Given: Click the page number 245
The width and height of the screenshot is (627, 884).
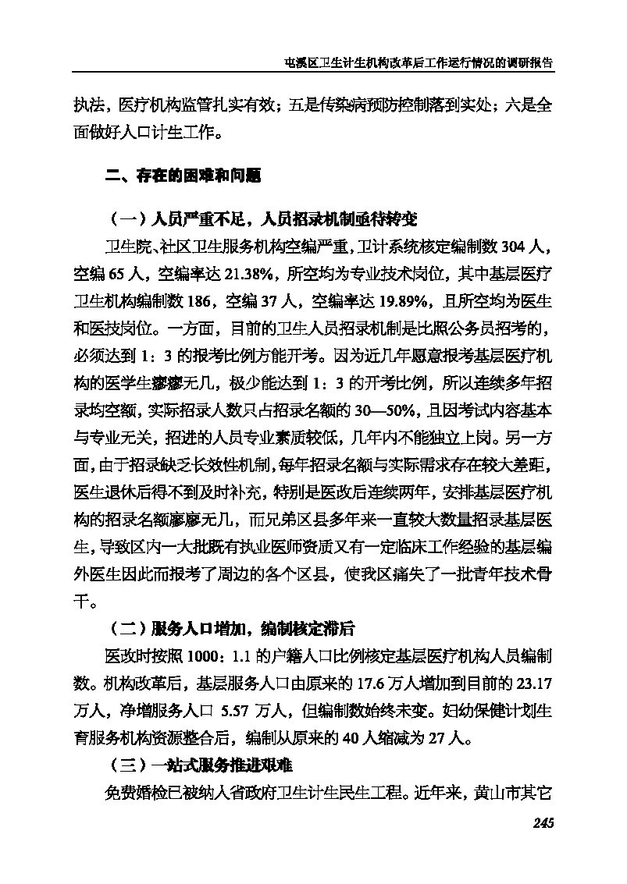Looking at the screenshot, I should tap(542, 822).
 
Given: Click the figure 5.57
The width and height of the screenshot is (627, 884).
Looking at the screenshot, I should tap(237, 712).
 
